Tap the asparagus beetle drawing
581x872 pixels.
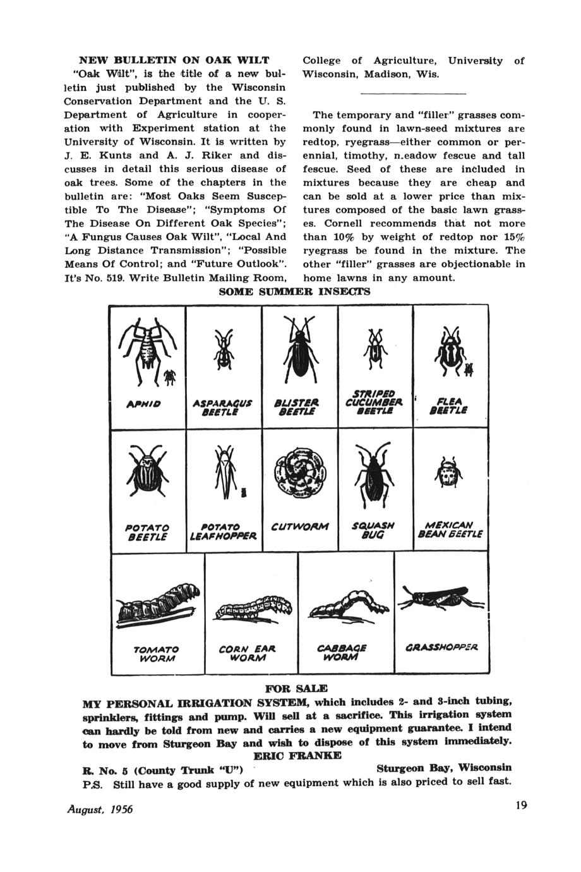223,352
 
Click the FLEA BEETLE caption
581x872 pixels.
449,404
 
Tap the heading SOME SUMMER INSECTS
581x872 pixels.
294,292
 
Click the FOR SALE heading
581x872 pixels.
297,687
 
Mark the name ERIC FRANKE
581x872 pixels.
297,755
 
